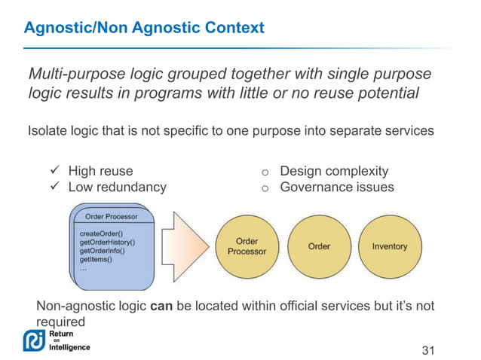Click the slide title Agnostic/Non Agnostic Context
(144, 29)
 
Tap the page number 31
(428, 350)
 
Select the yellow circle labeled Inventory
(389, 246)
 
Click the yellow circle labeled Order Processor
(247, 246)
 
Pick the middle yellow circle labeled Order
(319, 246)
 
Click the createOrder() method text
(102, 234)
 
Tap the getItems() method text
(96, 259)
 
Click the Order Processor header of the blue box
(112, 217)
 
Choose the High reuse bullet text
(100, 172)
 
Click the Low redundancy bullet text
(117, 187)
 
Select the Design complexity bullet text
(334, 172)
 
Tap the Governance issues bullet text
(336, 187)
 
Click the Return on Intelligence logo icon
(34, 340)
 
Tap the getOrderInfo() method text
(103, 251)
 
